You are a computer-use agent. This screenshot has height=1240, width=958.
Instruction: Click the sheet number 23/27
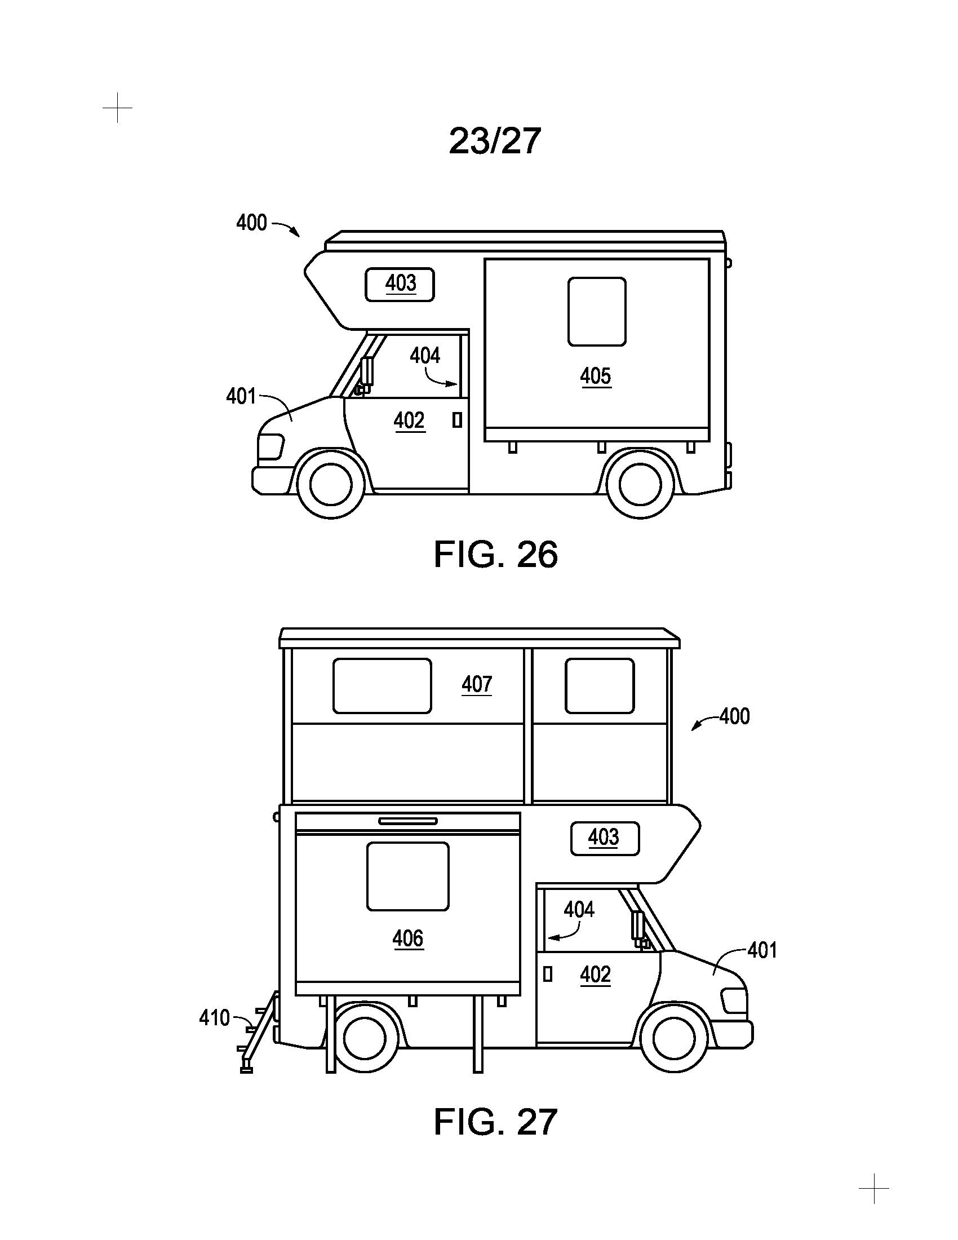tap(494, 141)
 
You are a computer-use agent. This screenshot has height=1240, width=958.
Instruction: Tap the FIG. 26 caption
tap(495, 554)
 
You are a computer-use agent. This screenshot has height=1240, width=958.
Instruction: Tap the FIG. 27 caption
tap(495, 1122)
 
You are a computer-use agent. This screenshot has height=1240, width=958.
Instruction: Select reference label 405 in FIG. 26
tap(595, 376)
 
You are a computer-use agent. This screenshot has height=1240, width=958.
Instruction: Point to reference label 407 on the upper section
tap(477, 684)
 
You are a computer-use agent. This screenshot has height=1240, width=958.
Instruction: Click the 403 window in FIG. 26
tap(400, 285)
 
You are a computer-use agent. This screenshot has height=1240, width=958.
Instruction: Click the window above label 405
tap(597, 312)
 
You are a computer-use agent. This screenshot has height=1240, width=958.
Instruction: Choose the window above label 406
tap(408, 876)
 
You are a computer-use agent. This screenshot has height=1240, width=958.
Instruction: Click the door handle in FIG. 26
tap(457, 420)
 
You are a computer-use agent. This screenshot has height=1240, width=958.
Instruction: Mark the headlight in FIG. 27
tap(733, 1000)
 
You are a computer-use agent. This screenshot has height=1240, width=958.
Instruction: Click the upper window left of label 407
tap(382, 686)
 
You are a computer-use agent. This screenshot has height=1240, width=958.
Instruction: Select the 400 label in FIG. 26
tap(251, 223)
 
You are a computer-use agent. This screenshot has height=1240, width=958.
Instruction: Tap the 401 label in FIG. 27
tap(762, 950)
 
